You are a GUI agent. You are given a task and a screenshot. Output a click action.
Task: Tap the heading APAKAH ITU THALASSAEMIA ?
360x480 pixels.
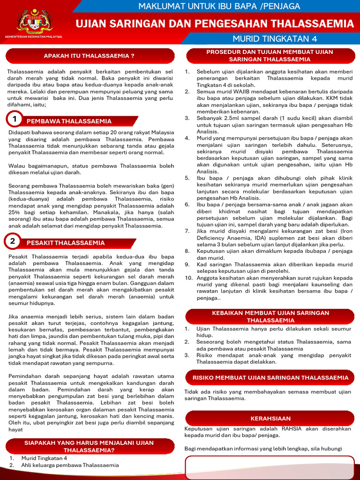89,56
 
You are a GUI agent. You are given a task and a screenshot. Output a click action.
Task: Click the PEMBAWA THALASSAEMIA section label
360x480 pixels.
69,121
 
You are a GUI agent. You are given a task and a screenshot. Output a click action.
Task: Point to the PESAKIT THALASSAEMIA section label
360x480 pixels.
66,243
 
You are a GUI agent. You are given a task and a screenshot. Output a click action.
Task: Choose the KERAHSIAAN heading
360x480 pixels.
270,418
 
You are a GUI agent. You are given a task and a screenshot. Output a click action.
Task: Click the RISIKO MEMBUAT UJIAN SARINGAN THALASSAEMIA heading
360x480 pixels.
270,377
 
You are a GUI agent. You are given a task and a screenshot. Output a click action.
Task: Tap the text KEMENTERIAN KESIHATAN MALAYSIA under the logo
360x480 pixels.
33,37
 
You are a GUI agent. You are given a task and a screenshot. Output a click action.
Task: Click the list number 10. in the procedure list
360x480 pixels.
188,277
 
